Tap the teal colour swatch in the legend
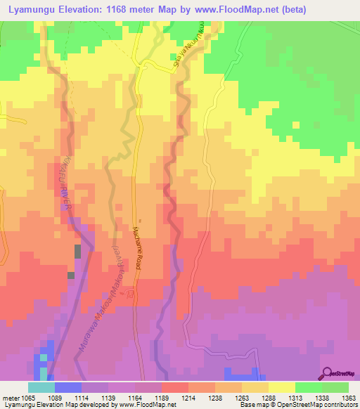[x=41, y=387]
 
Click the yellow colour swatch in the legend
[x=282, y=387]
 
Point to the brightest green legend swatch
[x=309, y=387]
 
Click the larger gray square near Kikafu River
[x=77, y=252]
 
